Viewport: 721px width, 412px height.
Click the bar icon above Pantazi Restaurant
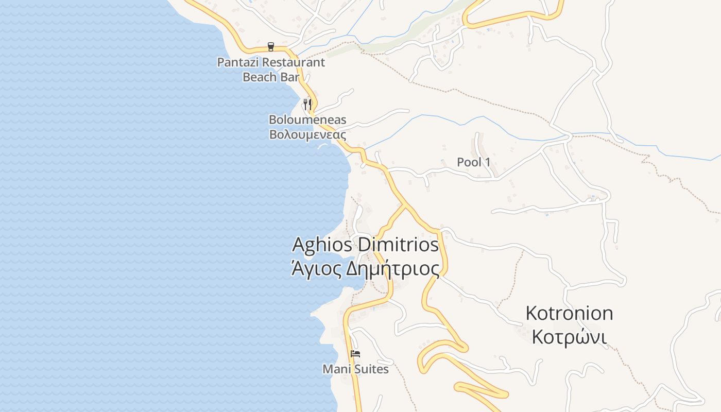tap(271, 47)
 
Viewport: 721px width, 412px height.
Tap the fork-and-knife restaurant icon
tap(307, 104)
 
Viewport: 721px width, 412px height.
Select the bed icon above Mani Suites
tap(355, 354)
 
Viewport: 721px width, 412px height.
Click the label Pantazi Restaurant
tap(271, 63)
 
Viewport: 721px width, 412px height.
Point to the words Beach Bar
tap(271, 77)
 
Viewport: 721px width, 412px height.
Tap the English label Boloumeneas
tap(307, 120)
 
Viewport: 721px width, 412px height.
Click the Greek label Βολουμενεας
tap(307, 135)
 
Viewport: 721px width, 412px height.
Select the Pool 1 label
tap(474, 162)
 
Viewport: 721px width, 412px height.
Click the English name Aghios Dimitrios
tap(366, 245)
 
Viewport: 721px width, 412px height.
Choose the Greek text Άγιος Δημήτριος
tap(366, 269)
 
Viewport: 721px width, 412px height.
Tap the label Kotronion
tap(569, 313)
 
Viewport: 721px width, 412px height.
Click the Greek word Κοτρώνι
tap(569, 337)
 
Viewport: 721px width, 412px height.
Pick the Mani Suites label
tap(355, 369)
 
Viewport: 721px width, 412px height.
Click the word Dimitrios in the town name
tap(398, 245)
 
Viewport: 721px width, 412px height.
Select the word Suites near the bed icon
tap(371, 369)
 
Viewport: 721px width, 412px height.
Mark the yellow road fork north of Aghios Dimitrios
tap(405, 205)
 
